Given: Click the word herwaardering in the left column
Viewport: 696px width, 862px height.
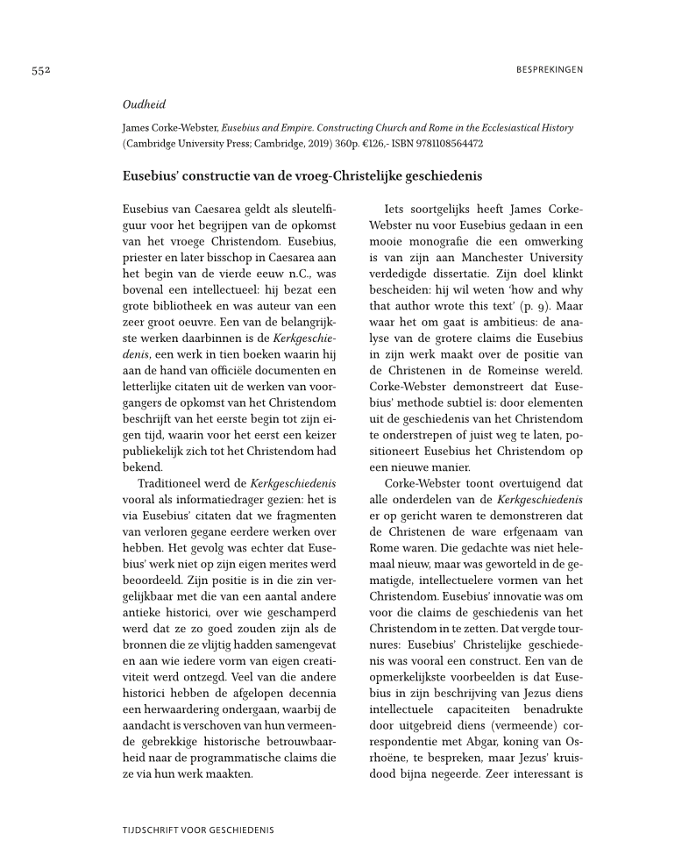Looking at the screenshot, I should [x=179, y=707].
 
